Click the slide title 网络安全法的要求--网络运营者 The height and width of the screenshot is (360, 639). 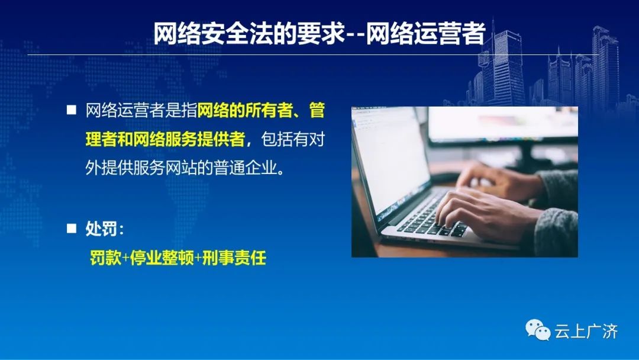coord(319,33)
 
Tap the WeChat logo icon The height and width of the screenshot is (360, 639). coord(537,329)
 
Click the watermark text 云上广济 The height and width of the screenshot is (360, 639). coord(586,331)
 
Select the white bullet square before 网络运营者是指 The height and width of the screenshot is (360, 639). coord(72,110)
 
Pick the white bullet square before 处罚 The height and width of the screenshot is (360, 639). coord(72,229)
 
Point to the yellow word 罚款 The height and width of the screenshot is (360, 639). coord(105,258)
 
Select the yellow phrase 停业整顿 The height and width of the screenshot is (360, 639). coord(162,258)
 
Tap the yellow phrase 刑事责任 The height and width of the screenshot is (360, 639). coord(234,258)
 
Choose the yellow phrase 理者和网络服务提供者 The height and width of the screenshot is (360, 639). coord(166,139)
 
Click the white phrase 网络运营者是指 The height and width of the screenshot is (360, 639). coord(141,110)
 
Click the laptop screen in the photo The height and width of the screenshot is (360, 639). coord(391,159)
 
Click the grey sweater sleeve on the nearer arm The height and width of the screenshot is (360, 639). coord(557,232)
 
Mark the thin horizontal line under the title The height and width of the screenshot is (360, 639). coord(313,54)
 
